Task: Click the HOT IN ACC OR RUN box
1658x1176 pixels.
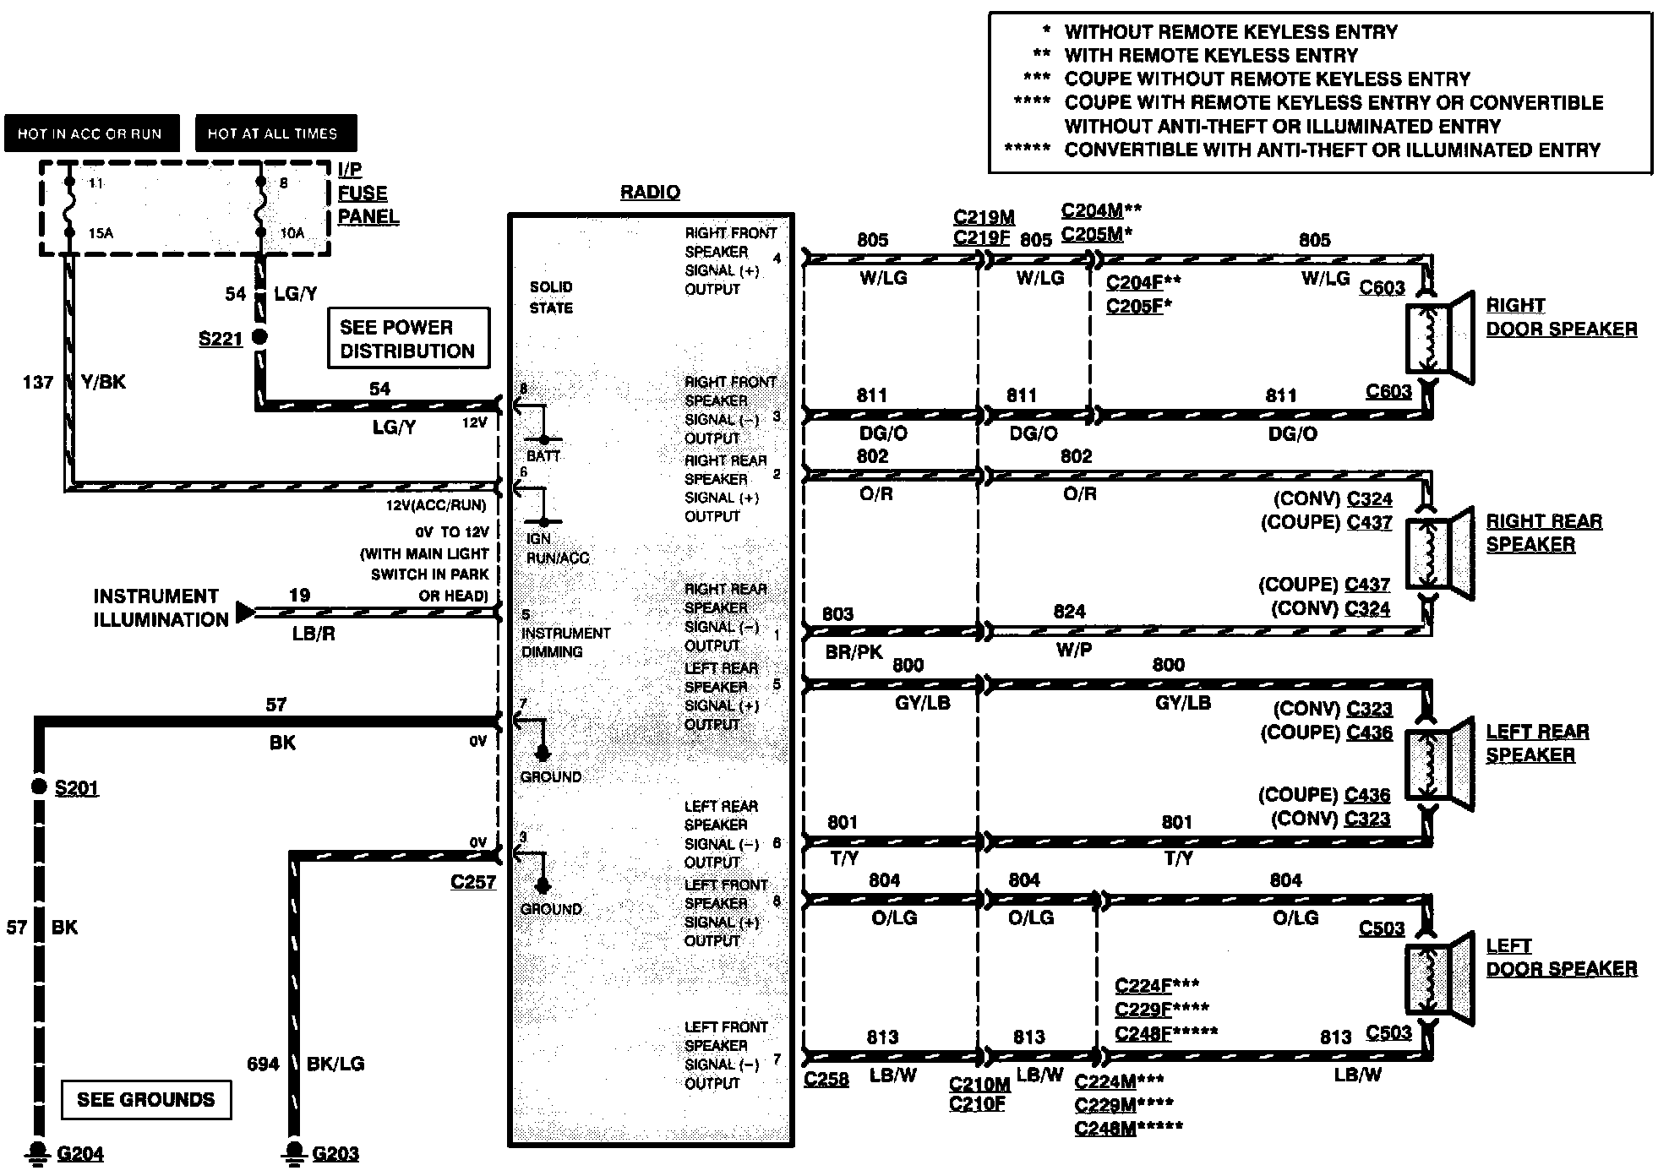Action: click(x=91, y=133)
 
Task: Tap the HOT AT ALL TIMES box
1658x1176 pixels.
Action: click(x=275, y=133)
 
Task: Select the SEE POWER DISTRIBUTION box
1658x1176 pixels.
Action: click(x=408, y=338)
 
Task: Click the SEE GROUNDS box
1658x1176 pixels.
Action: click(x=146, y=1099)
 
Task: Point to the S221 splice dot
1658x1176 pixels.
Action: click(x=260, y=336)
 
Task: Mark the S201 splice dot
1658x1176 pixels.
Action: click(x=38, y=787)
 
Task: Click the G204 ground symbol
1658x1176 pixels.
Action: click(x=38, y=1151)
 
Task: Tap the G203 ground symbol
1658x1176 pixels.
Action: click(x=294, y=1151)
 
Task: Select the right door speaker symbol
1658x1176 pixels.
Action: click(x=1438, y=336)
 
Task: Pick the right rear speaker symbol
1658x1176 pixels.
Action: click(x=1438, y=553)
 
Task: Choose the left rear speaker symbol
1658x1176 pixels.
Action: click(x=1438, y=763)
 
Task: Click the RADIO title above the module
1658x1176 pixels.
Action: click(x=650, y=193)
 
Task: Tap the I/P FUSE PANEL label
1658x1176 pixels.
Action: click(x=368, y=193)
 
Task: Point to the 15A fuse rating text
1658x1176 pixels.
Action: click(x=101, y=233)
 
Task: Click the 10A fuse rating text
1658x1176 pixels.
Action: click(x=292, y=233)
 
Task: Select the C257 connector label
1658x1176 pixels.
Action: click(x=472, y=882)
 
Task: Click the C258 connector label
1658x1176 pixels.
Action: click(x=826, y=1080)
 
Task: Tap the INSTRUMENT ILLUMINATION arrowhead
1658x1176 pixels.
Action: click(x=245, y=611)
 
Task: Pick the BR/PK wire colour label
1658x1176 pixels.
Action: click(x=854, y=652)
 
